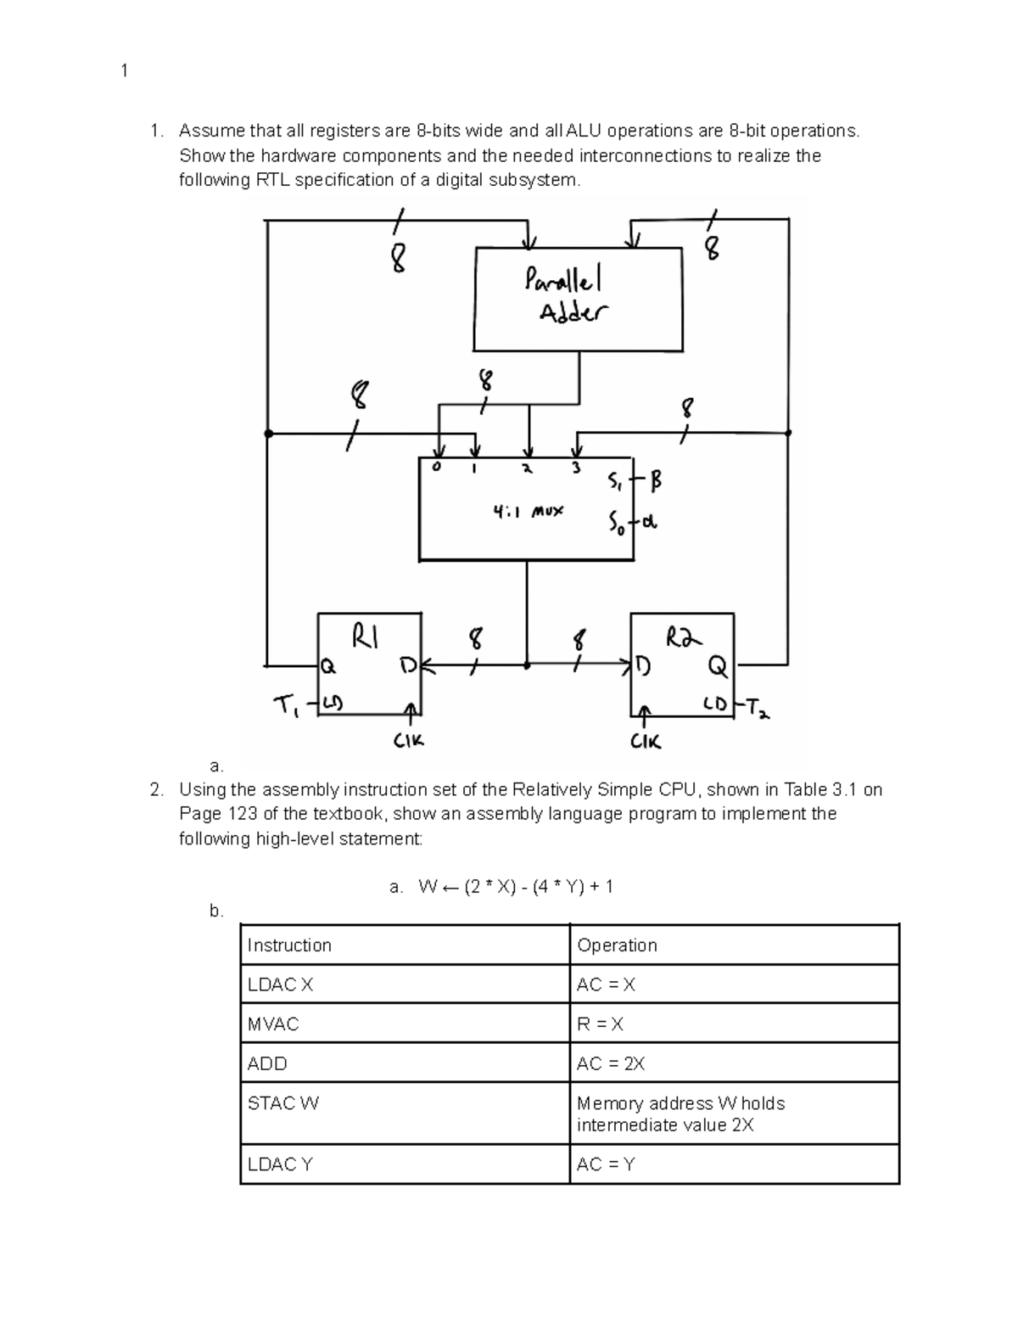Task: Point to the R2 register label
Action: tap(684, 637)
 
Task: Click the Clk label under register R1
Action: tap(408, 741)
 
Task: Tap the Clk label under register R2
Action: tap(646, 742)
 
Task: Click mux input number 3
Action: tap(576, 468)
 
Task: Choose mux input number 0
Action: tap(437, 468)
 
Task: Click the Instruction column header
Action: tap(289, 945)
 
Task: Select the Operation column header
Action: tap(617, 945)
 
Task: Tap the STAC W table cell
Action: tap(283, 1103)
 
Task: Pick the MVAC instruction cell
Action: tap(273, 1024)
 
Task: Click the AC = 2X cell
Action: tap(611, 1063)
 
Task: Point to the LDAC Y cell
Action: tap(280, 1164)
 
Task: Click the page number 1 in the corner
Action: tap(125, 70)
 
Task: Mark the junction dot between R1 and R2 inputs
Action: tap(527, 666)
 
